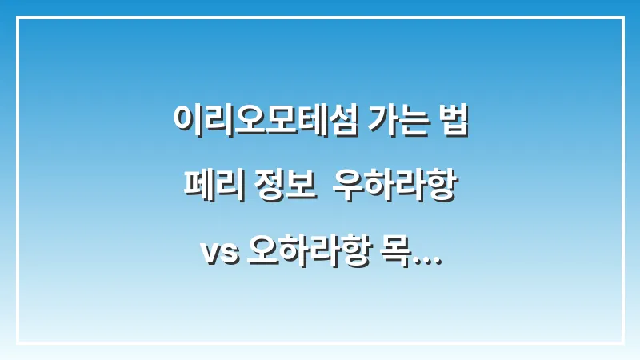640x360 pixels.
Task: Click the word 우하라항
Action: pyautogui.click(x=398, y=188)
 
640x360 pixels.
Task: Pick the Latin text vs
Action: pyautogui.click(x=214, y=256)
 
